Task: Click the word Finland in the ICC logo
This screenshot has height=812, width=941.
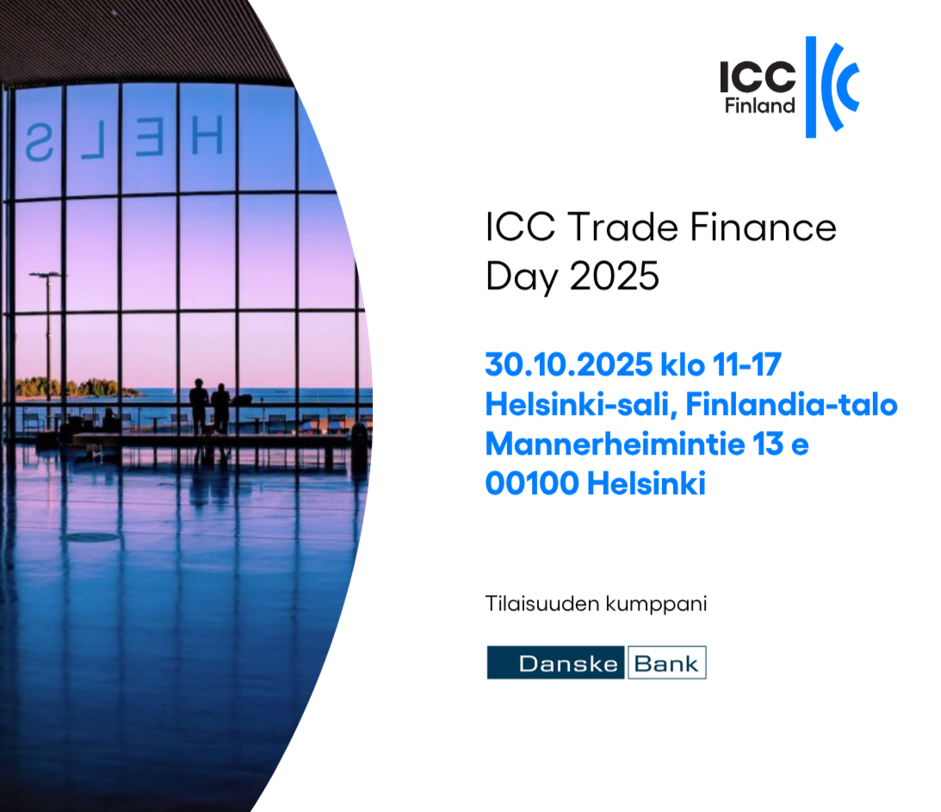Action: (x=759, y=106)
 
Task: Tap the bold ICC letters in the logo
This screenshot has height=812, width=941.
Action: (x=758, y=77)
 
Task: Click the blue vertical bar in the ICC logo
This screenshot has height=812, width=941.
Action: (x=811, y=87)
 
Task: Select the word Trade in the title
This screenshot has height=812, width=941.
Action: (x=622, y=227)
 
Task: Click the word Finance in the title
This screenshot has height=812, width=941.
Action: (x=763, y=227)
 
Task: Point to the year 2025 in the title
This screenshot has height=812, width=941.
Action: (x=614, y=276)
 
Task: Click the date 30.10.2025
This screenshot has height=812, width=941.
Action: (x=568, y=364)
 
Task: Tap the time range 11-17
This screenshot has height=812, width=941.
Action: (x=747, y=364)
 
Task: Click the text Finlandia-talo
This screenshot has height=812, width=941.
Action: (x=791, y=404)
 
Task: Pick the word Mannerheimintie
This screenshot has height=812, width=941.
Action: (x=615, y=443)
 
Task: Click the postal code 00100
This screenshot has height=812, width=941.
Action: (x=532, y=483)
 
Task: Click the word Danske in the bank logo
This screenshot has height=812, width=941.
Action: (x=567, y=664)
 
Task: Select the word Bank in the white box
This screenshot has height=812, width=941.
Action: (x=666, y=664)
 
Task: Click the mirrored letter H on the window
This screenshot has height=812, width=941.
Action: (x=207, y=135)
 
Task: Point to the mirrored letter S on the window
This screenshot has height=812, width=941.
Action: (x=39, y=143)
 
